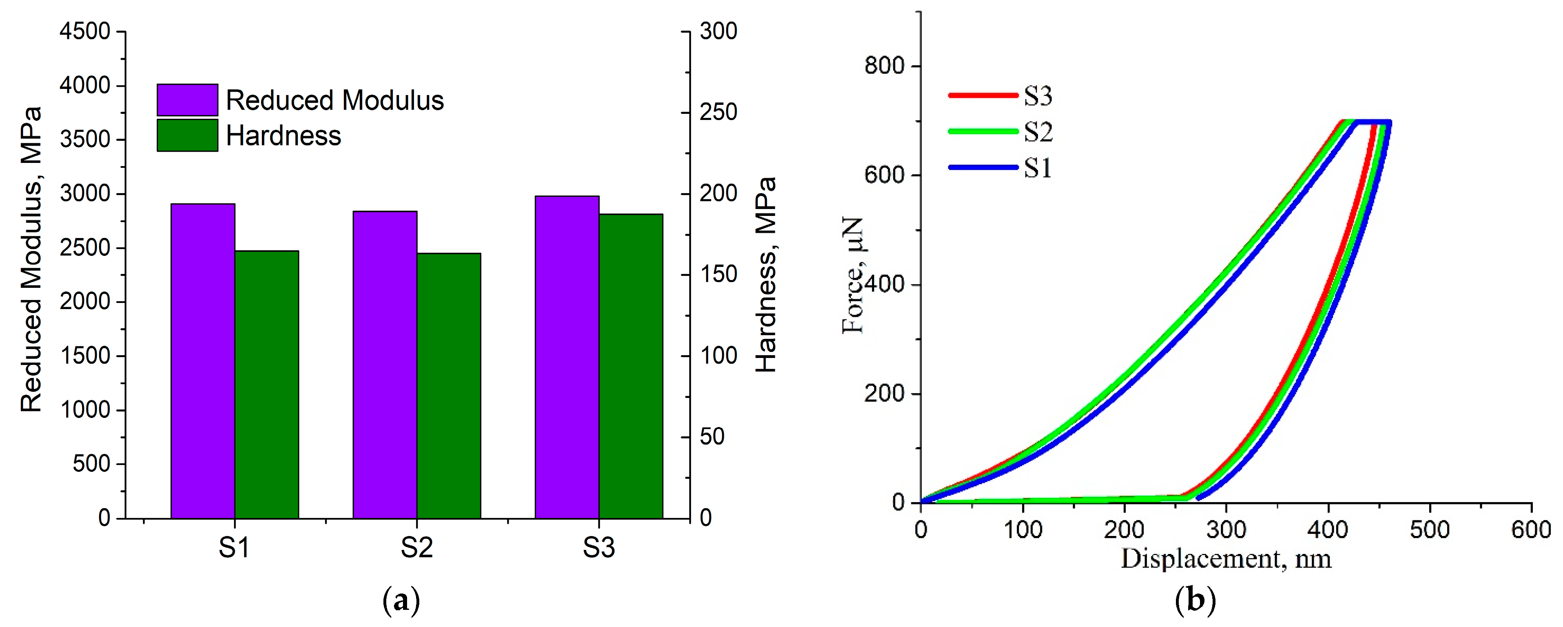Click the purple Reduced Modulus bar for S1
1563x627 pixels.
click(203, 361)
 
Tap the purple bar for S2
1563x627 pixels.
click(385, 364)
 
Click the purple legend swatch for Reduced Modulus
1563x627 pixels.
click(187, 100)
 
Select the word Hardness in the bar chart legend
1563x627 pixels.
click(283, 136)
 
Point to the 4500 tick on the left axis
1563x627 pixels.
click(85, 31)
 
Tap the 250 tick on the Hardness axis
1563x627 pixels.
click(718, 112)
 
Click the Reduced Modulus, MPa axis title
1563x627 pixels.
click(31, 260)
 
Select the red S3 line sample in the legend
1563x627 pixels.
click(982, 95)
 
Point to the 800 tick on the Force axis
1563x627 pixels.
click(884, 66)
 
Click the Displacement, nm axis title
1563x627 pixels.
click(1226, 559)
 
